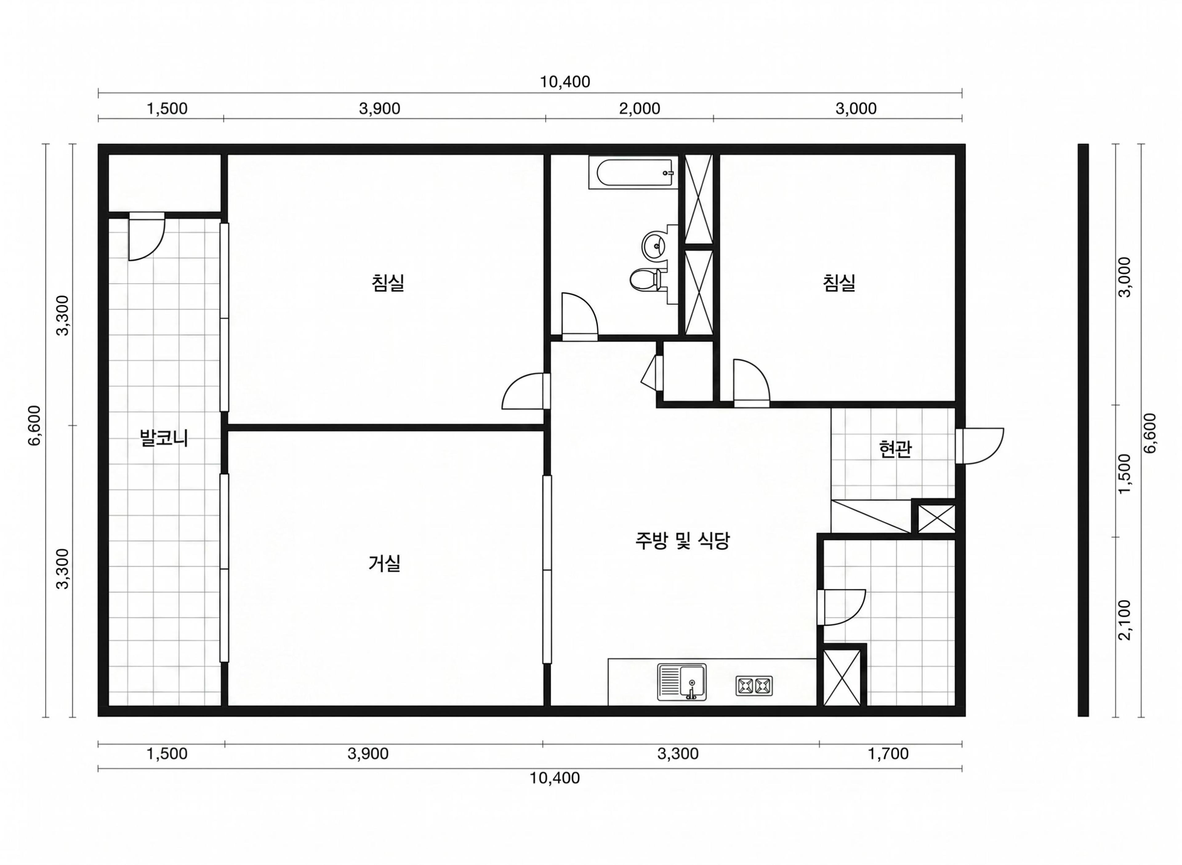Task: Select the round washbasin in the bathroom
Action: click(655, 245)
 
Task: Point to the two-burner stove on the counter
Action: click(754, 685)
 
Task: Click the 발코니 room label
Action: click(164, 437)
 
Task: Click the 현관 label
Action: click(895, 449)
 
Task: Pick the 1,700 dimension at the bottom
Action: click(888, 754)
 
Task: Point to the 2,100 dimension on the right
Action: click(1124, 620)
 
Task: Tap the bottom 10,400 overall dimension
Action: click(555, 778)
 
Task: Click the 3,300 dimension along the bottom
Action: click(678, 754)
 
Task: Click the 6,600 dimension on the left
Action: click(34, 426)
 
